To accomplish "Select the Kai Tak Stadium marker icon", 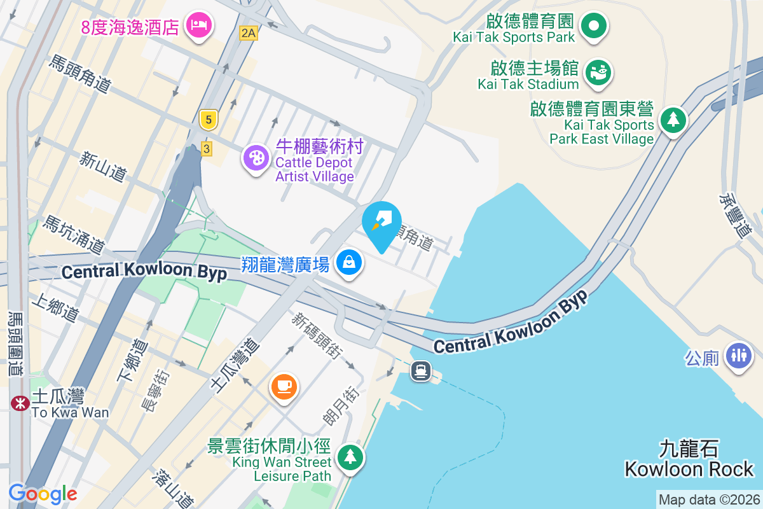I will point(598,72).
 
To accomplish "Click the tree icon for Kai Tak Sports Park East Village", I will point(672,119).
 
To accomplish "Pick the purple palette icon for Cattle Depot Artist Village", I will point(256,158).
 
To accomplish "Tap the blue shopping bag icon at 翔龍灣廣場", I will point(348,261).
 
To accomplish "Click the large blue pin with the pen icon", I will point(381,223).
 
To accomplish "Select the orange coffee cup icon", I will point(284,386).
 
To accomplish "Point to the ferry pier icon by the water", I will point(421,370).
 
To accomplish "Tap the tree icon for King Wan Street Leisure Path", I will point(349,456).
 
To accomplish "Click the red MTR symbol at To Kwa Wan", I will point(20,403).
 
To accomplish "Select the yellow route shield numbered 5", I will point(207,119).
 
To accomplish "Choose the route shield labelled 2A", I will point(249,33).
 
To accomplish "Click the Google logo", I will point(43,493).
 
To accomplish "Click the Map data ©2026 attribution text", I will point(708,500).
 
